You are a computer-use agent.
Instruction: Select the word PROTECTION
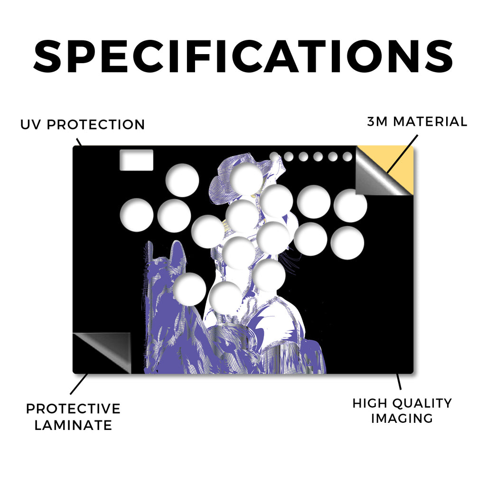point(96,125)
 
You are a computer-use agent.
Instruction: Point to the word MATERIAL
point(430,121)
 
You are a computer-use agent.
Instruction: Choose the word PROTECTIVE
point(73,409)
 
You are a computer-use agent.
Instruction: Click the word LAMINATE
point(73,425)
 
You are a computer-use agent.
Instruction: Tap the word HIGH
point(369,403)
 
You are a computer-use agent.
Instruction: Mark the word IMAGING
point(402,419)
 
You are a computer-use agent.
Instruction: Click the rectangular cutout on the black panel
point(136,160)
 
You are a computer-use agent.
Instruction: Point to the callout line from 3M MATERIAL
point(402,154)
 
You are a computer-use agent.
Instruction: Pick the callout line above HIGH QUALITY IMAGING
point(399,382)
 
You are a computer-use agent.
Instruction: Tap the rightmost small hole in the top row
point(347,157)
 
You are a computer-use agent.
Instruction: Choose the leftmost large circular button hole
point(136,215)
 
